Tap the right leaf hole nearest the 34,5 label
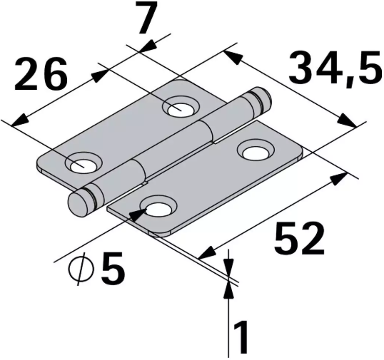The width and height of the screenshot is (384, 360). tap(256, 152)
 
